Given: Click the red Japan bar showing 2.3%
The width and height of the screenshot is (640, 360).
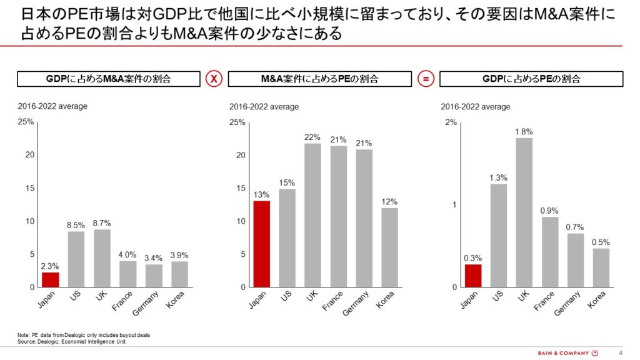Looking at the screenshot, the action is (x=50, y=279).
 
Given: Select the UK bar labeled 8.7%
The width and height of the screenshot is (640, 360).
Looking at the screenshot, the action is (x=102, y=258).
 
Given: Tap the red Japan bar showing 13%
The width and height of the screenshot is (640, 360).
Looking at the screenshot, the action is (x=262, y=244).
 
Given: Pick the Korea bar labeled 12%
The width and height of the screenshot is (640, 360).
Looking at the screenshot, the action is (x=390, y=247).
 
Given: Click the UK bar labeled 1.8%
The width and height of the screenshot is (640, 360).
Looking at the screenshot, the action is (x=524, y=212).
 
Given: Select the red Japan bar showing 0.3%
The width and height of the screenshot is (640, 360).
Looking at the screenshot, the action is (x=473, y=276).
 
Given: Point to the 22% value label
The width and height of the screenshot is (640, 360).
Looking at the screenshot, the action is (x=312, y=137).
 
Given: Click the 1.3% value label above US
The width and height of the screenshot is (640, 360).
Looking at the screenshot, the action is (x=498, y=178).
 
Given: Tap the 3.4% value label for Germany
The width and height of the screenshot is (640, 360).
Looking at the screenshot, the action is (x=154, y=258).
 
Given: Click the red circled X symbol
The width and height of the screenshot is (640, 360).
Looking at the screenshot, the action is (x=214, y=79).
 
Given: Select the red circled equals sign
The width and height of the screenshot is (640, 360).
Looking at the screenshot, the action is (x=426, y=79).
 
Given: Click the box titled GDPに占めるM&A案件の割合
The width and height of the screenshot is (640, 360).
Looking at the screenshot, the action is (x=109, y=79).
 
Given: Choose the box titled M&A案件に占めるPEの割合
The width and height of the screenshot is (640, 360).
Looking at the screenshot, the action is (x=320, y=79).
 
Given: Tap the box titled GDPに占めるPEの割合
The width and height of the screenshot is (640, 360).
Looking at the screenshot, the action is (x=531, y=79).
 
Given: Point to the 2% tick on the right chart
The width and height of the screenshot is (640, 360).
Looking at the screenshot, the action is (x=451, y=122).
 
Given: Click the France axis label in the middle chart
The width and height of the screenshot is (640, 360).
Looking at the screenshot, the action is (x=332, y=301).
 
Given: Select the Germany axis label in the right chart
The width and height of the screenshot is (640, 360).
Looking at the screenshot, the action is (x=567, y=303).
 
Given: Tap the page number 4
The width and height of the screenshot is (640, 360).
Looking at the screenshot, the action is (x=621, y=353).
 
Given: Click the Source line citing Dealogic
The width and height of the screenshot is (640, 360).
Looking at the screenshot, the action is (x=71, y=342).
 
